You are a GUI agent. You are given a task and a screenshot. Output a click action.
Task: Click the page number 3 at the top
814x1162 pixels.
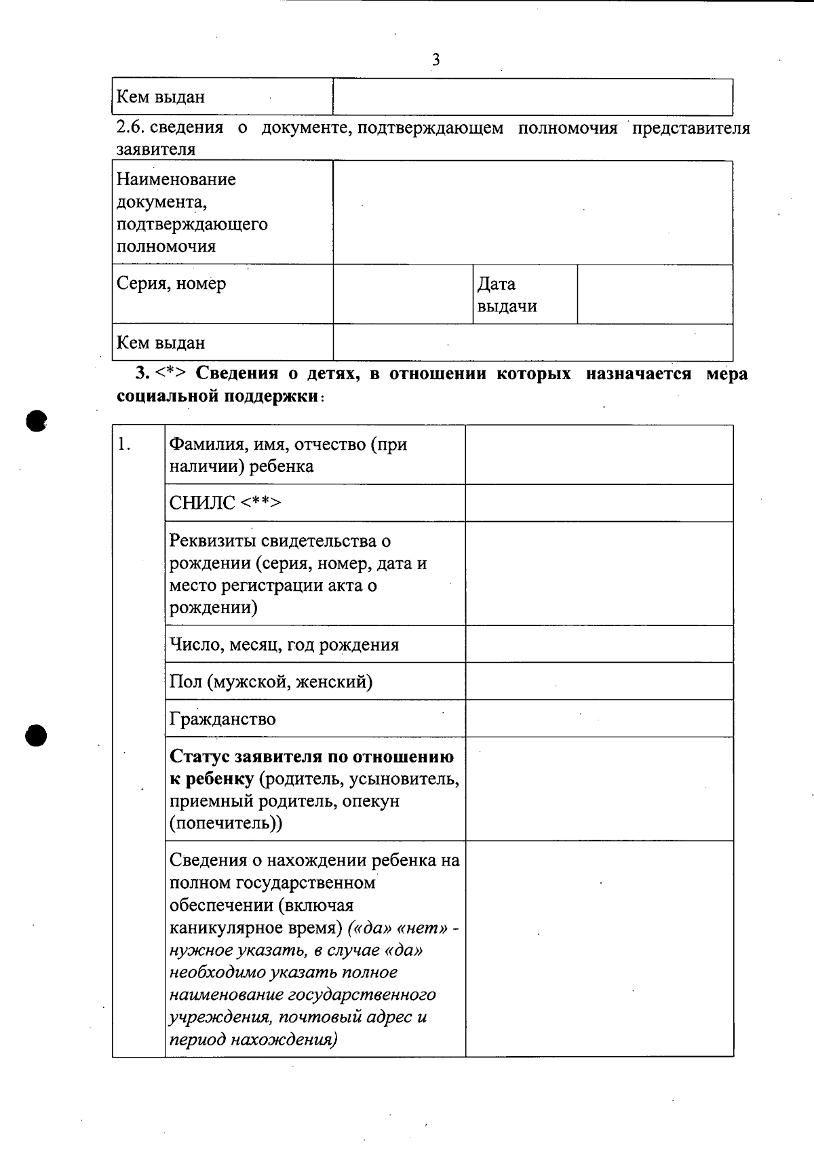(435, 60)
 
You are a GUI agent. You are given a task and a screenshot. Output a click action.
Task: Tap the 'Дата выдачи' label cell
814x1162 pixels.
(507, 294)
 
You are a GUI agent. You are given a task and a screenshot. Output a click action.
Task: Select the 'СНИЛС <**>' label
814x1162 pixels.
(225, 503)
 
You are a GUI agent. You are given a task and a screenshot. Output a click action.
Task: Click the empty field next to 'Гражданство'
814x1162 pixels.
(599, 718)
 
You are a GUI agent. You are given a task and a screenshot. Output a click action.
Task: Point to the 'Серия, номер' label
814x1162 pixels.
(171, 284)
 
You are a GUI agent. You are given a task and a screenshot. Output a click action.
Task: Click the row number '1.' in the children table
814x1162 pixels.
(124, 444)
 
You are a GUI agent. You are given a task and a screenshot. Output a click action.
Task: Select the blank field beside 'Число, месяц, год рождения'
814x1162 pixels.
(599, 644)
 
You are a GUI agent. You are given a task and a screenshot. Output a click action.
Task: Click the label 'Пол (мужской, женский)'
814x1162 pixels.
(271, 681)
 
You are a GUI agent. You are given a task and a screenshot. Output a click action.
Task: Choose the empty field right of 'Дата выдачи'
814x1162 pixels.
(655, 294)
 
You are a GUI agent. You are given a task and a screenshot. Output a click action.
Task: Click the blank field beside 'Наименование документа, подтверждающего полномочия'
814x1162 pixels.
(532, 212)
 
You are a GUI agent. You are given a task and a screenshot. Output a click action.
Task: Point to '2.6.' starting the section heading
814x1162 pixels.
(130, 128)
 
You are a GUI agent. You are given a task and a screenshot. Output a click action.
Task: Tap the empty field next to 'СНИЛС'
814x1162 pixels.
(599, 503)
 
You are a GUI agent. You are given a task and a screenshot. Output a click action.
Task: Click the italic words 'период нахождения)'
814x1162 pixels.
(253, 1040)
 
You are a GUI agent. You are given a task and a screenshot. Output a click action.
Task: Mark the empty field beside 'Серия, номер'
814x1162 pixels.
(402, 294)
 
